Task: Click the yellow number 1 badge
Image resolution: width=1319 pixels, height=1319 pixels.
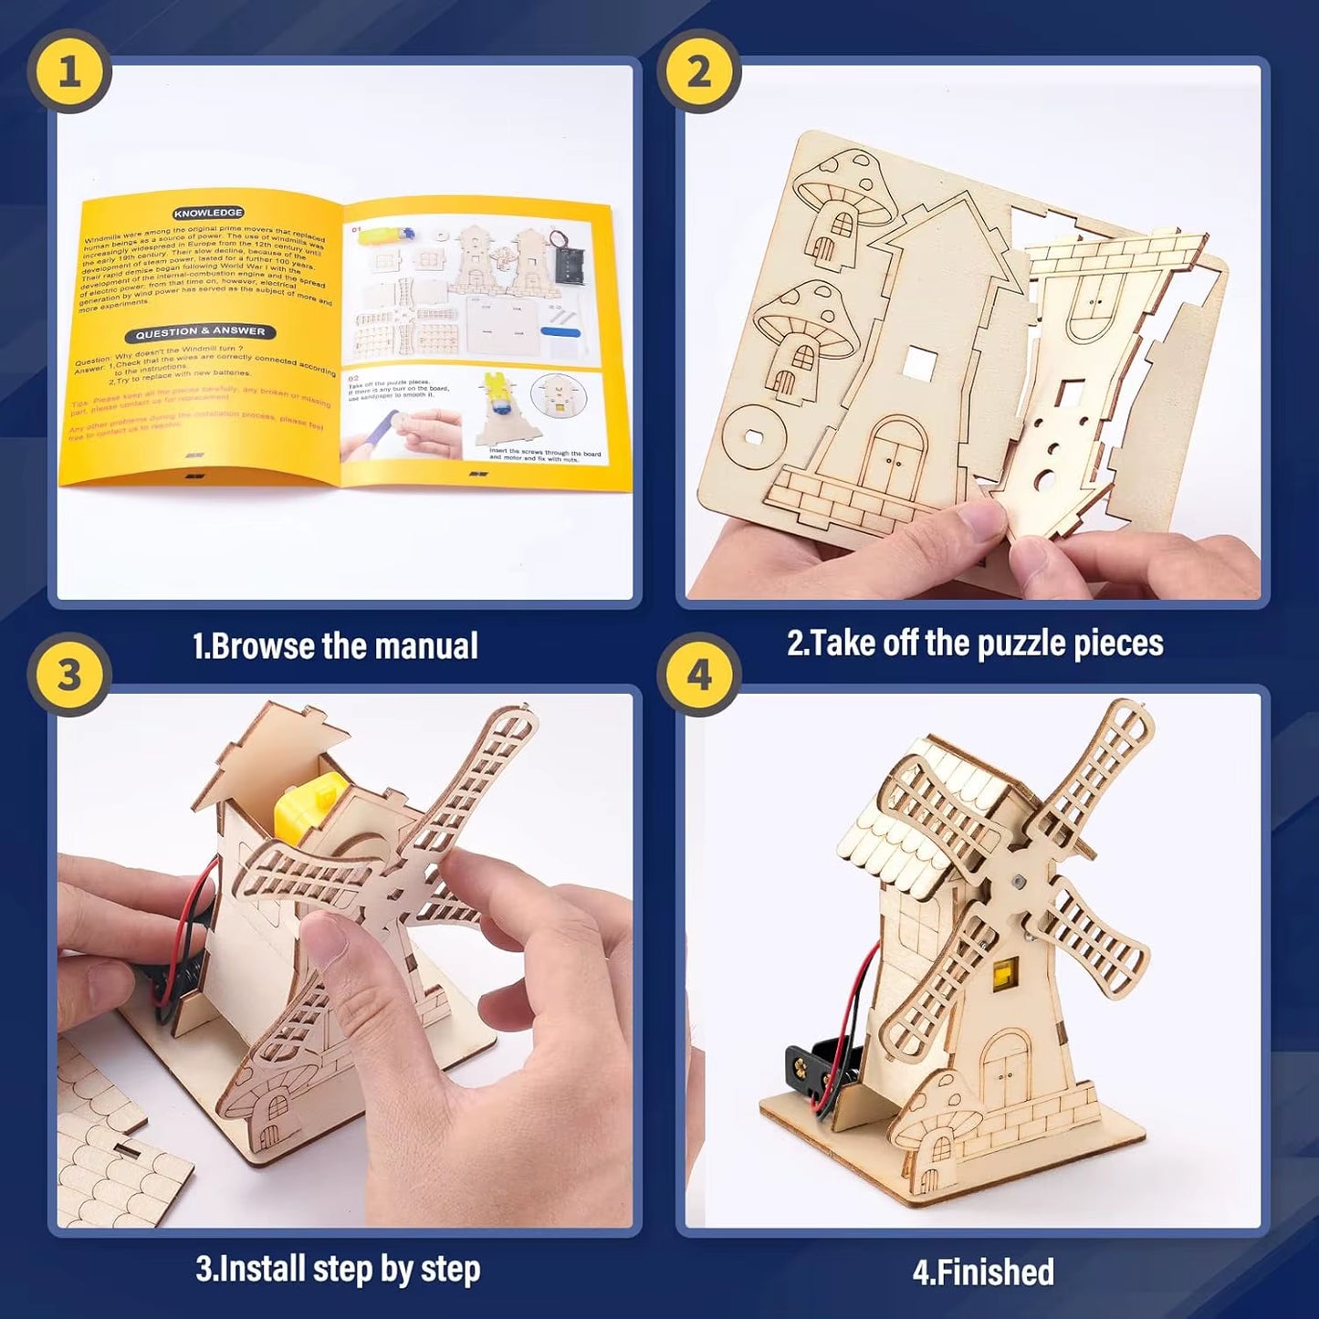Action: pyautogui.click(x=69, y=71)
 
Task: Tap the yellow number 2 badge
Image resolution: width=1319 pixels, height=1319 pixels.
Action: pyautogui.click(x=698, y=71)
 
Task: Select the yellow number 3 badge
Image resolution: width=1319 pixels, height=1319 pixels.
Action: pyautogui.click(x=69, y=675)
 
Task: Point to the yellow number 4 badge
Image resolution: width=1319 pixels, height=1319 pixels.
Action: pyautogui.click(x=698, y=675)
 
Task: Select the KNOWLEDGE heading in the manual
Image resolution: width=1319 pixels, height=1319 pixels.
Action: pyautogui.click(x=208, y=213)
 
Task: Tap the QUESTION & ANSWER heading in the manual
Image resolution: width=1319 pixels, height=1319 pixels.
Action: pyautogui.click(x=200, y=332)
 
